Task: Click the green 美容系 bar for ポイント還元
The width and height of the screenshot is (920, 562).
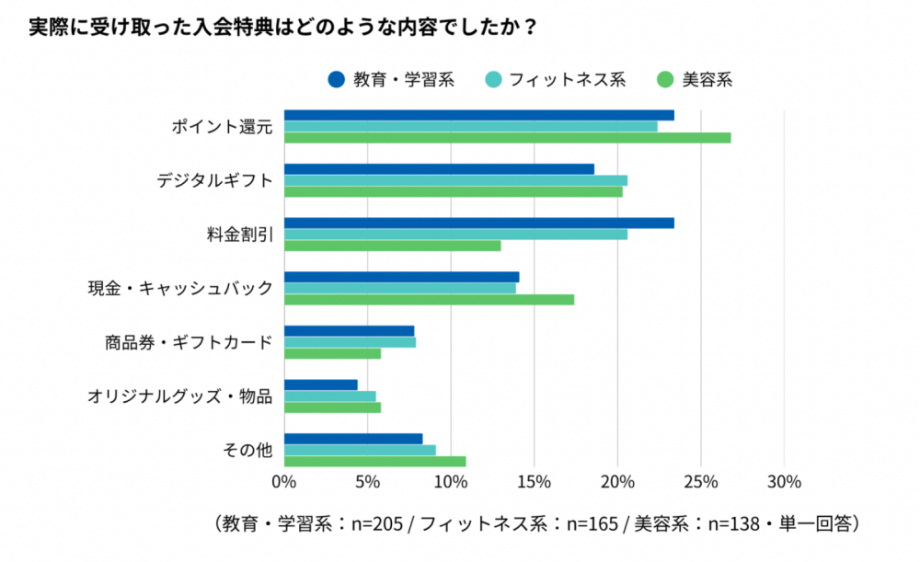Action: point(507,138)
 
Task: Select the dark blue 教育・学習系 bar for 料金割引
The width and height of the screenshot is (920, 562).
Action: point(478,224)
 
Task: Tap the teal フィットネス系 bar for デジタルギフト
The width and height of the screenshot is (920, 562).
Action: point(455,180)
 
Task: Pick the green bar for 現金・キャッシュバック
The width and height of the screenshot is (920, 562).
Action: point(429,300)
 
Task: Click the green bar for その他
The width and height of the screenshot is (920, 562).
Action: point(374,462)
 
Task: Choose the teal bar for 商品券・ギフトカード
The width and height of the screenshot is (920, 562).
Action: point(350,342)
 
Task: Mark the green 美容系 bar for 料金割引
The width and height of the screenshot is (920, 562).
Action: point(392,246)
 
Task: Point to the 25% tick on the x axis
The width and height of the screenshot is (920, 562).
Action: point(701,481)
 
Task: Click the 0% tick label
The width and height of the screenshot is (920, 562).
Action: point(284,481)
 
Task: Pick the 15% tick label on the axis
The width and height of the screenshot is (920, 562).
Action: point(534,481)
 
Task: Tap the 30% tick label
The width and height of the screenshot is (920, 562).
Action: point(784,481)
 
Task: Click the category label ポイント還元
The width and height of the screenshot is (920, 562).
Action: point(222,127)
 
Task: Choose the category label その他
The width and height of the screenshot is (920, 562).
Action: point(248,451)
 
